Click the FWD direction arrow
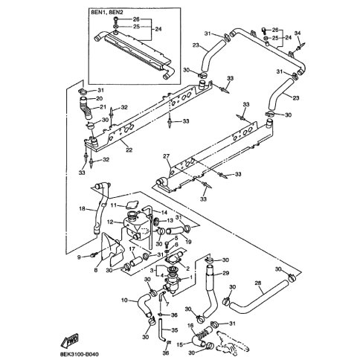(x=69, y=340)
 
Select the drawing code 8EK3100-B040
(x=77, y=355)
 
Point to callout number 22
(x=129, y=150)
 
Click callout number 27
(x=166, y=156)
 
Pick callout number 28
(x=258, y=283)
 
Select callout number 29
(x=226, y=273)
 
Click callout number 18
(x=82, y=208)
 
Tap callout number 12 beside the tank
(x=110, y=222)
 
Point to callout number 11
(x=114, y=205)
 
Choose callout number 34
(x=298, y=33)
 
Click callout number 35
(x=175, y=330)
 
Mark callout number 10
(x=124, y=300)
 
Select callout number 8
(x=96, y=270)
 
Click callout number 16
(x=190, y=325)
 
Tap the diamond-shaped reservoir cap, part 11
(x=132, y=205)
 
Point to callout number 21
(x=103, y=107)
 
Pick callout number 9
(x=79, y=257)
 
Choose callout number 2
(x=187, y=268)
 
